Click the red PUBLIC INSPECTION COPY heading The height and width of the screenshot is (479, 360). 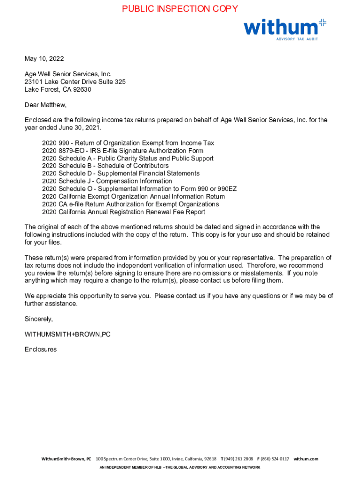pos(180,9)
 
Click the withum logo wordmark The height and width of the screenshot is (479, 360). pos(280,27)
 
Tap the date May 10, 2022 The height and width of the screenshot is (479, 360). pos(44,59)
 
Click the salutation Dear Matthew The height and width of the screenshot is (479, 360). pos(46,105)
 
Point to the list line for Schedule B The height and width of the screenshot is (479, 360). pos(105,166)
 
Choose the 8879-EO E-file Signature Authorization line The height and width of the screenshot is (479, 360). pos(122,151)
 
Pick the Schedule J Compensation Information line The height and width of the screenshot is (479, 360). pos(107,181)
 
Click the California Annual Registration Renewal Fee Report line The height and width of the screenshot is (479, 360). pos(123,212)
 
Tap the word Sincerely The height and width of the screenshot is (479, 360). pos(39,319)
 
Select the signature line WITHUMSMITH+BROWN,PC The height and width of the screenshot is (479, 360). pos(67,334)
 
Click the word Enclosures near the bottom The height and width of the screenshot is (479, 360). pos(41,349)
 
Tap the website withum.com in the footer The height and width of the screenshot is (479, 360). pos(306,459)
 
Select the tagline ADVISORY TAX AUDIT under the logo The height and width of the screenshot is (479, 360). pos(297,39)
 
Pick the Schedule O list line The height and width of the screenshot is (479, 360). pos(139,189)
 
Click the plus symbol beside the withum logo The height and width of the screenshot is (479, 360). pos(322,22)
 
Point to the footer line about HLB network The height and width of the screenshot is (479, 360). pos(180,467)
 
